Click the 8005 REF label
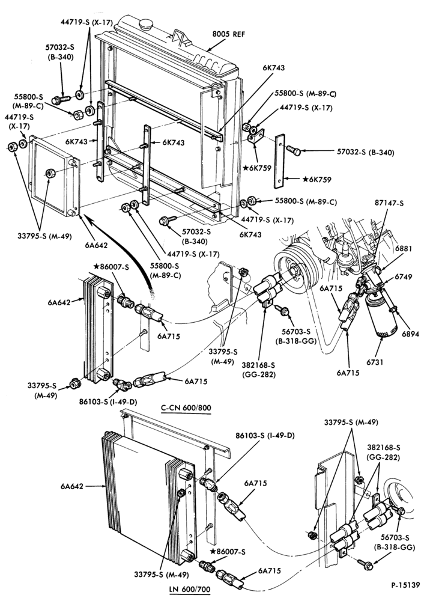tap(229, 34)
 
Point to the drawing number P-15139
tap(405, 585)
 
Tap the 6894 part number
tap(411, 334)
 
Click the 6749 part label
tap(403, 276)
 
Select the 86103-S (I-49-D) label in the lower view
tap(265, 435)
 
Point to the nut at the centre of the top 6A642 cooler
tap(50, 173)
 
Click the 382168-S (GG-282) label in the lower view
tap(383, 452)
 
